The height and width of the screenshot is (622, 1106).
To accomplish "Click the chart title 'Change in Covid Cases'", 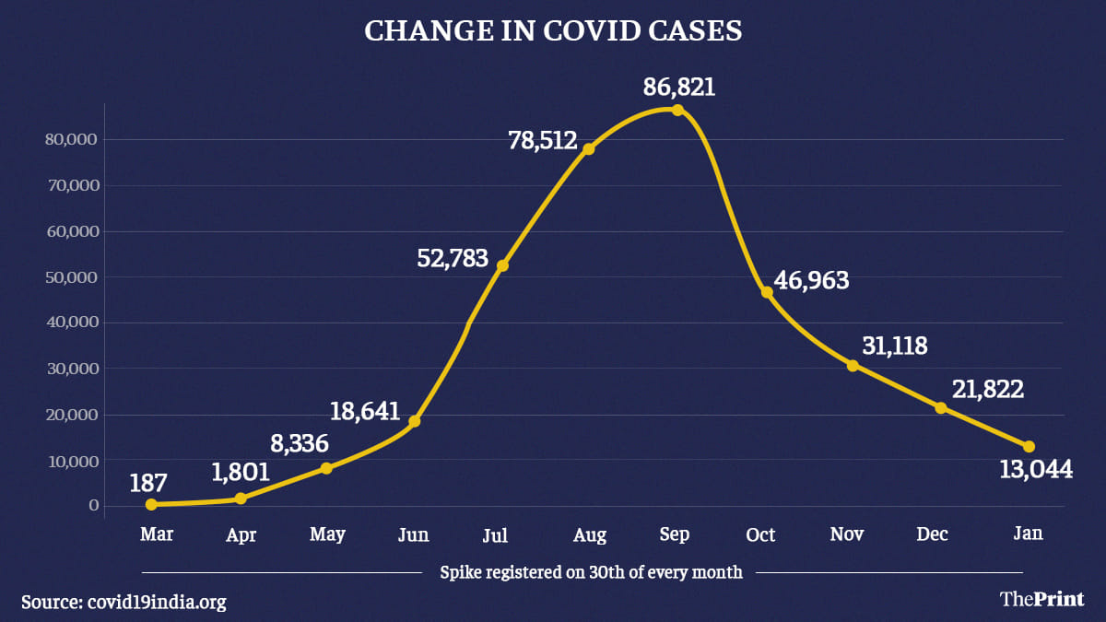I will click(x=553, y=29).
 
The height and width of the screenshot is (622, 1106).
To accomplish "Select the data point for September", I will click(x=677, y=110).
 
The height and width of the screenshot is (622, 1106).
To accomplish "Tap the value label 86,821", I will click(x=680, y=88).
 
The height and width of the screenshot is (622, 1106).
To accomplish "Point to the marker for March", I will click(x=151, y=504).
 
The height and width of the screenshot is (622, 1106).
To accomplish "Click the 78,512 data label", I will click(x=542, y=141).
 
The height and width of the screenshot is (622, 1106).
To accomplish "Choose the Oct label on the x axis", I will click(x=760, y=534).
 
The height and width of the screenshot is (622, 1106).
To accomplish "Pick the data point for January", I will click(x=1029, y=447).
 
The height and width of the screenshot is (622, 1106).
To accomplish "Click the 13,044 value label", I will click(x=1036, y=470).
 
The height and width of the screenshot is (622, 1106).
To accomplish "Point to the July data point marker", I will click(x=502, y=265).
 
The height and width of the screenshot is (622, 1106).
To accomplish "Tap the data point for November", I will click(x=853, y=366).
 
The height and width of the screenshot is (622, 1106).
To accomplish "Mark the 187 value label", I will click(x=148, y=482).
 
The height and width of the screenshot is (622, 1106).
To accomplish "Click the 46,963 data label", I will click(x=811, y=281).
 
